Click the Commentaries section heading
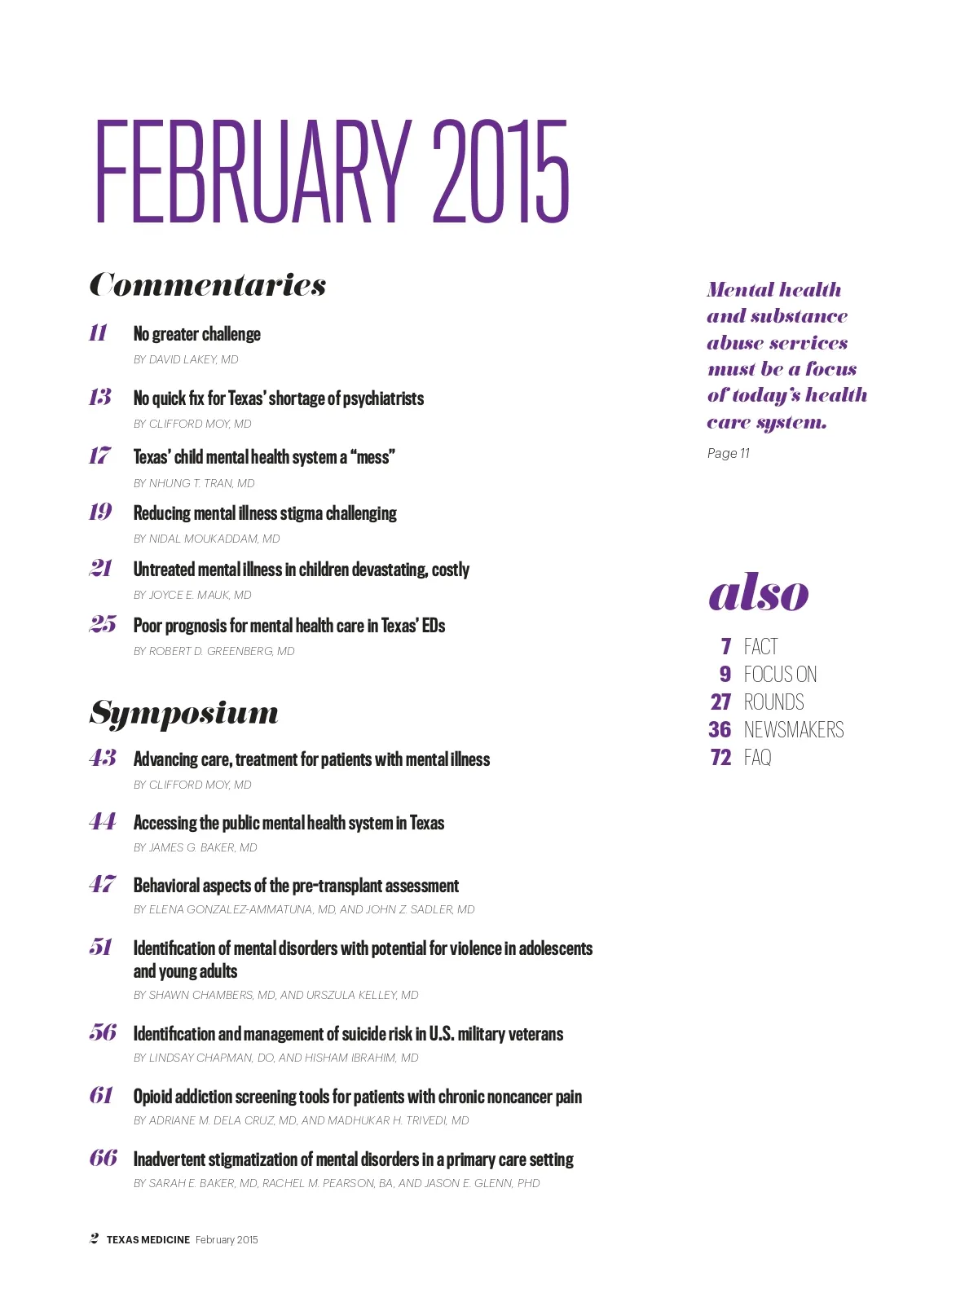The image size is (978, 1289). pos(208,284)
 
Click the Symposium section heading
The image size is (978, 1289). pos(184,712)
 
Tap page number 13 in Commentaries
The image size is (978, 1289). pos(100,397)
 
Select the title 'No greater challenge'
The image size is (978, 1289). pos(197,334)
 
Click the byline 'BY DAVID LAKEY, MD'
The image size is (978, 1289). pos(186,359)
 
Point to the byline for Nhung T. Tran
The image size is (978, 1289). pos(194,483)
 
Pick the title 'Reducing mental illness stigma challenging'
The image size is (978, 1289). pos(265,513)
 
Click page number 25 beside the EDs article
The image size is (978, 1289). pos(103,624)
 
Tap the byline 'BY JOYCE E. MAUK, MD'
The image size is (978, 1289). pos(192,595)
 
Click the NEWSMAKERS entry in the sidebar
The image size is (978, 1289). pos(794,729)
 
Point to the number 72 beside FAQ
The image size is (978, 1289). pos(720,757)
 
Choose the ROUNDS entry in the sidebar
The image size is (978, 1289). pos(773,702)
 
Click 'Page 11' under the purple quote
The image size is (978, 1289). pos(729,453)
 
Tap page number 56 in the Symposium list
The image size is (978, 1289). pos(103,1032)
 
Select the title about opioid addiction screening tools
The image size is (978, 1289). pos(358,1097)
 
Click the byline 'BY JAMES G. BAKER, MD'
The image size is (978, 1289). pos(196,847)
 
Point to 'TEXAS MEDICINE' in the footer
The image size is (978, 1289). pos(148,1239)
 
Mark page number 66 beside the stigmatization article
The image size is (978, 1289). pos(104,1158)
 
